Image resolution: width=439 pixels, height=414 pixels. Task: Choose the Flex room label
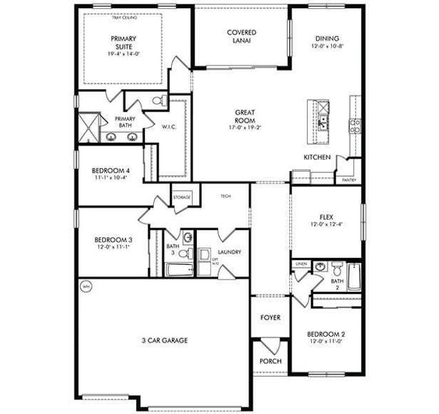pos(326,218)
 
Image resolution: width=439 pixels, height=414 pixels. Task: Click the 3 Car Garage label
pos(164,340)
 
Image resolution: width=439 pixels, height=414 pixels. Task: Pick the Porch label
pos(269,361)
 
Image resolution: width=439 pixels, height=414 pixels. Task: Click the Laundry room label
pos(228,253)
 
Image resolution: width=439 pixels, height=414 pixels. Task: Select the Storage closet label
pos(182,197)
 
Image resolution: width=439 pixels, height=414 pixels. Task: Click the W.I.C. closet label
pos(170,126)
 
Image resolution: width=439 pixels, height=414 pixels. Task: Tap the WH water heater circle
pos(86,286)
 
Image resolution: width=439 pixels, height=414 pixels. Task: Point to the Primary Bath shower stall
pos(88,126)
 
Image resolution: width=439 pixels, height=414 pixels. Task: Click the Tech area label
pos(225,197)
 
